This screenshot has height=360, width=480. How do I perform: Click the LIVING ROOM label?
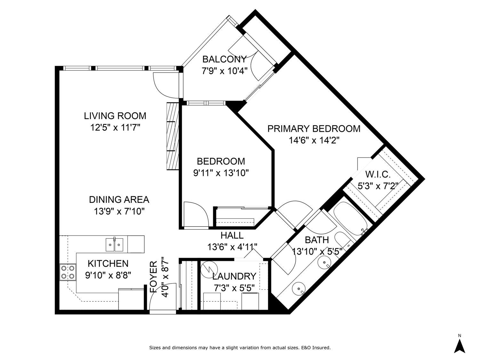click(x=115, y=116)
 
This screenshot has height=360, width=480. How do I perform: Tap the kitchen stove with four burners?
click(x=68, y=272)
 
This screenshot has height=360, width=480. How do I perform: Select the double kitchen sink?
click(x=114, y=245)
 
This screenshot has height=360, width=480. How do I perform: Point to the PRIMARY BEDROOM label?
click(x=314, y=129)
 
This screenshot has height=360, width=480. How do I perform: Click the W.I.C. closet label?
click(x=378, y=174)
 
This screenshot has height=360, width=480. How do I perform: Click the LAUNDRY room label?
click(x=234, y=276)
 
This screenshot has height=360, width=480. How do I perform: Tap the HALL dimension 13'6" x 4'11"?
click(x=232, y=247)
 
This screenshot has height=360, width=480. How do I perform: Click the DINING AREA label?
click(x=119, y=200)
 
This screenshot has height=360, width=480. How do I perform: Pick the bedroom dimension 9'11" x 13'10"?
click(x=221, y=173)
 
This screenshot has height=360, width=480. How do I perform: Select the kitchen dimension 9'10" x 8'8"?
click(x=108, y=275)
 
